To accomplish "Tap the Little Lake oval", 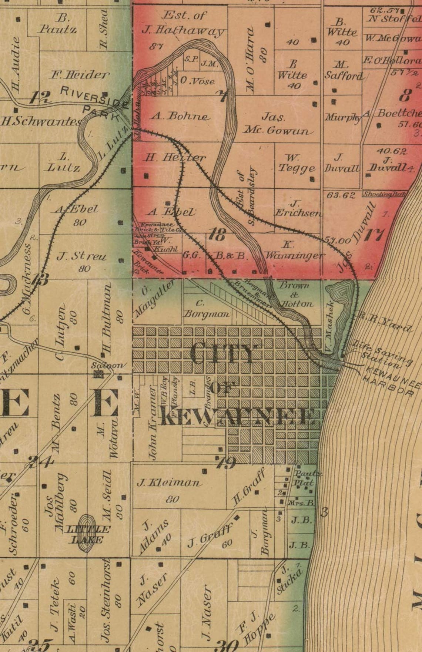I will [x=88, y=534].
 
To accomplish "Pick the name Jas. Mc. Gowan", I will [x=278, y=124].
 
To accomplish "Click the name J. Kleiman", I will [x=169, y=483].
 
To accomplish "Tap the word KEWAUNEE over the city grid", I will [x=237, y=417].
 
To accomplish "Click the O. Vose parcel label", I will [x=197, y=81].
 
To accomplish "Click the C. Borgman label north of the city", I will [x=207, y=309].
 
